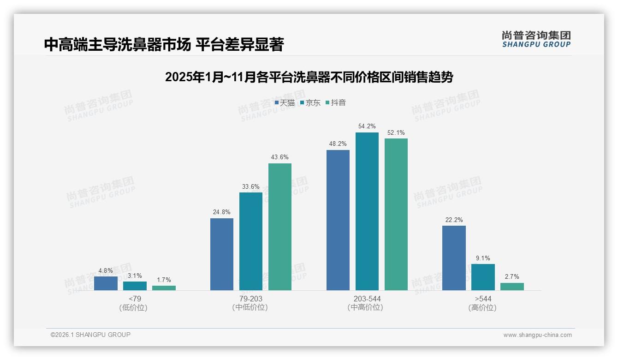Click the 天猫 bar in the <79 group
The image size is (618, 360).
click(x=106, y=283)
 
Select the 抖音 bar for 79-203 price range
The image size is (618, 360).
click(x=280, y=227)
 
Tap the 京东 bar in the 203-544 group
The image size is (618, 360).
click(x=367, y=211)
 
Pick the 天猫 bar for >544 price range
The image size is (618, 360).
click(x=454, y=258)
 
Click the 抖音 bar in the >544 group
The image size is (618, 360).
click(x=512, y=287)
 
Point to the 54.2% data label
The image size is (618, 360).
click(x=367, y=126)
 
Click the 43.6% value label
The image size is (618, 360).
click(x=280, y=157)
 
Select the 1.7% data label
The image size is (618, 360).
click(x=164, y=280)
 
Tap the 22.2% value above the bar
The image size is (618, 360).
click(x=454, y=220)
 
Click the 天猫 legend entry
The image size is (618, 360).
click(x=285, y=103)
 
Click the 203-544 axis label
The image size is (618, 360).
click(x=367, y=299)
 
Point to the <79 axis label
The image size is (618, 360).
click(x=135, y=299)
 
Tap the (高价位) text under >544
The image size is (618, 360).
click(x=483, y=307)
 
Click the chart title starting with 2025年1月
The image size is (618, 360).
click(x=309, y=77)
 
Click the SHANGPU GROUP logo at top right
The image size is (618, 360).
click(x=536, y=39)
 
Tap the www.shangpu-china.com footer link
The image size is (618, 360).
click(x=537, y=335)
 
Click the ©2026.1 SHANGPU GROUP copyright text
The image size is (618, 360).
click(x=90, y=335)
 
